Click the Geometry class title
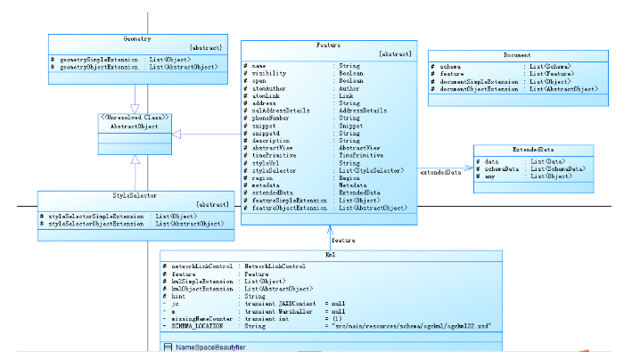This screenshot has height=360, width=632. [137, 39]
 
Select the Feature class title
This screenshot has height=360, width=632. [329, 44]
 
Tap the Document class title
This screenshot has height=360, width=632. [517, 54]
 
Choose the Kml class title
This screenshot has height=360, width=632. [330, 255]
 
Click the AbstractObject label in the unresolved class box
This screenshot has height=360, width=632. [135, 127]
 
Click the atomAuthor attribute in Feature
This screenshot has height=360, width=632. [269, 88]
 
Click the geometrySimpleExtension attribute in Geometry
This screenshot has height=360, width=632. [98, 60]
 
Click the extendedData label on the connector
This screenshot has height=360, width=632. [440, 171]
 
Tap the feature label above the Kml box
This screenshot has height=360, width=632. [342, 241]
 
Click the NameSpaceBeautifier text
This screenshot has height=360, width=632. [211, 346]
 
